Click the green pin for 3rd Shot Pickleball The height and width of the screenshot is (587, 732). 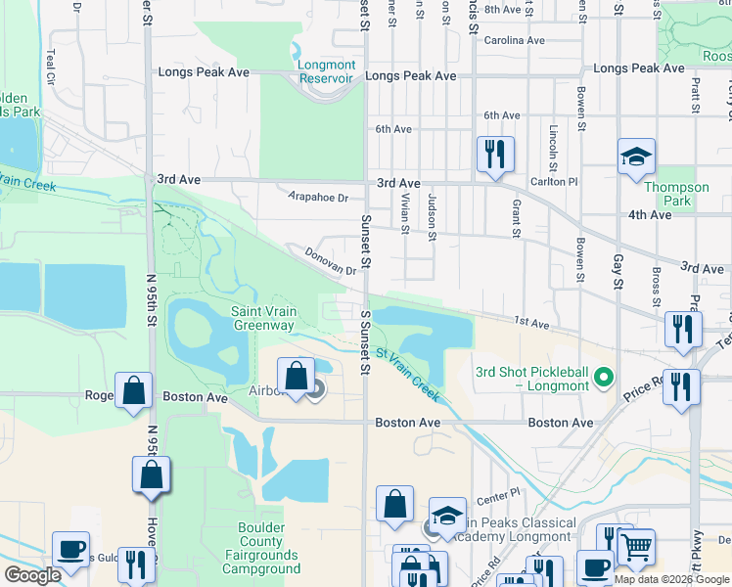(x=604, y=375)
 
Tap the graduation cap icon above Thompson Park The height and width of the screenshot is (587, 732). (x=636, y=158)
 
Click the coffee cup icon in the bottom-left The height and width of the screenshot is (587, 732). (x=70, y=551)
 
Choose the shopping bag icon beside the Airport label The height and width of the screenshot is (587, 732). (x=296, y=378)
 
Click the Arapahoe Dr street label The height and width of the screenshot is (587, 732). (x=318, y=198)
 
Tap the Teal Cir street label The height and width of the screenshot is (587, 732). (x=49, y=66)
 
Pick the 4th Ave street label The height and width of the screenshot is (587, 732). (x=650, y=215)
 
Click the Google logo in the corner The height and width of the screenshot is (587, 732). (x=33, y=575)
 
